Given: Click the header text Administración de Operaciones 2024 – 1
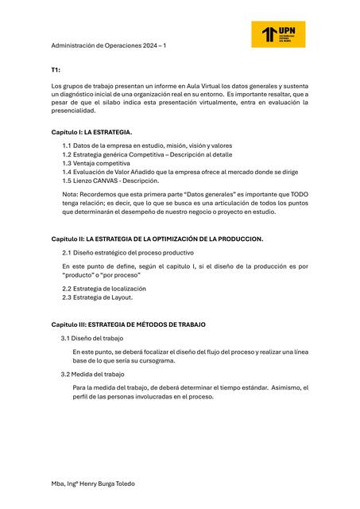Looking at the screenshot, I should pyautogui.click(x=108, y=45).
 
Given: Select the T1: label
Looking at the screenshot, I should pyautogui.click(x=56, y=70).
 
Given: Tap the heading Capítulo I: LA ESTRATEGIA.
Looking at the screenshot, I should pyautogui.click(x=92, y=131).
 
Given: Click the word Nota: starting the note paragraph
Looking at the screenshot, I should pyautogui.click(x=70, y=194).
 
